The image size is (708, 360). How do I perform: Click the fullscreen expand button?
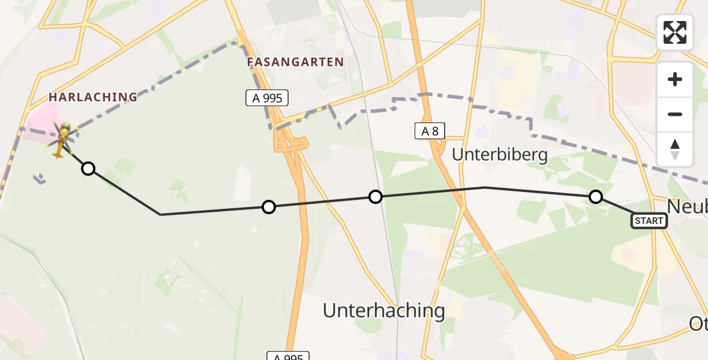[675, 32]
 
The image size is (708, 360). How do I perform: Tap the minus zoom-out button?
[675, 114]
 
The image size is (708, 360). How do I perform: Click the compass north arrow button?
[675, 149]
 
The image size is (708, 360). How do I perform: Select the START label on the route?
[649, 221]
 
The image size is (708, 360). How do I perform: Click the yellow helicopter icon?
[62, 139]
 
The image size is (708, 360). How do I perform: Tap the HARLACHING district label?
[93, 97]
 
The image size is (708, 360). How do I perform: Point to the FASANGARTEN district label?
[296, 62]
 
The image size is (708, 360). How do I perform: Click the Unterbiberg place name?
[500, 155]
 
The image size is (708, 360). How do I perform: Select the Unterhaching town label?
[384, 310]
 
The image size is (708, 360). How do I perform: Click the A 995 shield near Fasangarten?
[268, 98]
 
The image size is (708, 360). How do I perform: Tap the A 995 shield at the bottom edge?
[288, 356]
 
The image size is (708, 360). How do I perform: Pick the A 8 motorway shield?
[430, 131]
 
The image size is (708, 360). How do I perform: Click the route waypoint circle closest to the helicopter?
[88, 169]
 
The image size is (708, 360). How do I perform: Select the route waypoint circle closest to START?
[595, 196]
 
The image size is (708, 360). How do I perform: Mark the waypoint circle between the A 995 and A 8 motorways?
[376, 196]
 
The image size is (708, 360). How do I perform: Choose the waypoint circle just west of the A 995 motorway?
[269, 207]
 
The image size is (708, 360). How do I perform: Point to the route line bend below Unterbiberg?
[484, 187]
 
